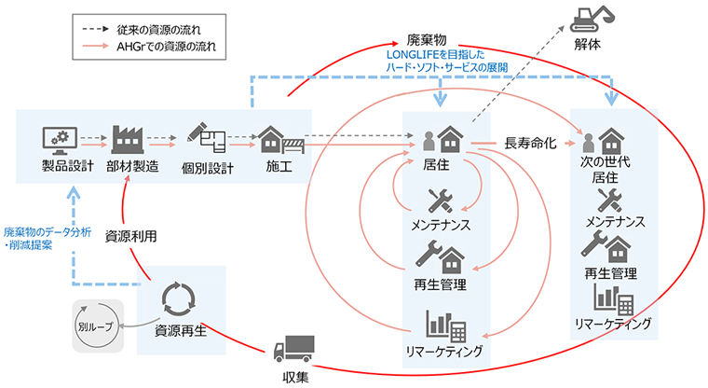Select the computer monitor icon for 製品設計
pyautogui.click(x=59, y=141)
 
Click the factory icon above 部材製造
pyautogui.click(x=130, y=141)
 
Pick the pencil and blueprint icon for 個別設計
pyautogui.click(x=204, y=141)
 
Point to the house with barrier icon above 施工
pyautogui.click(x=279, y=141)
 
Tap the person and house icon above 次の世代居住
pyautogui.click(x=604, y=141)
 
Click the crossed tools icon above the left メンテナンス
pyautogui.click(x=439, y=201)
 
